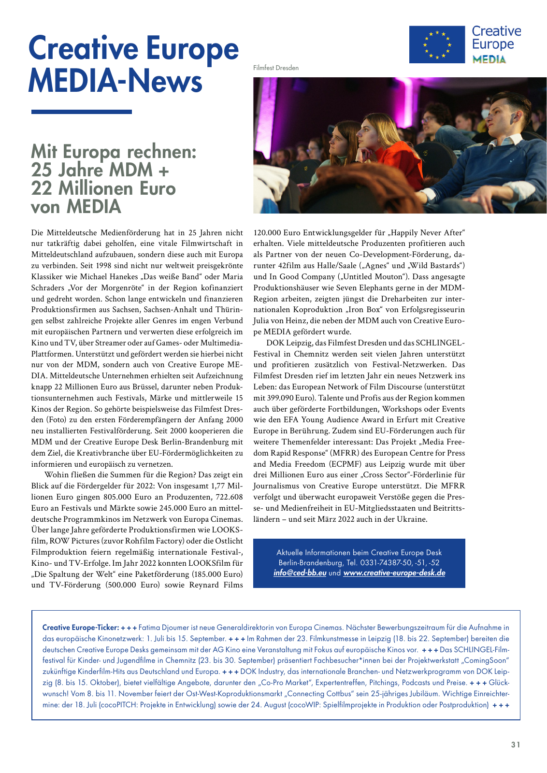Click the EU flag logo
[x=437, y=44]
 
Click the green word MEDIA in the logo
[x=489, y=59]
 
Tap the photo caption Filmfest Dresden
[x=276, y=68]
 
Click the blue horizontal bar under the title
[x=81, y=112]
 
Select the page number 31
[x=516, y=744]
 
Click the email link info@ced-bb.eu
[x=300, y=573]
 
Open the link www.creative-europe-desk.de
[x=394, y=573]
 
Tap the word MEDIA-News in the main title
[x=115, y=81]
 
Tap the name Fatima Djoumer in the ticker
[x=163, y=628]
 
